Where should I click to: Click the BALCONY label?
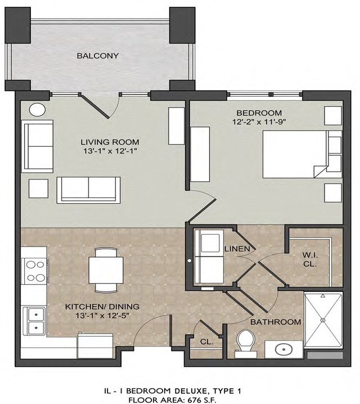tap(98, 56)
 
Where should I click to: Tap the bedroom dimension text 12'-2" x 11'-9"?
tap(259, 122)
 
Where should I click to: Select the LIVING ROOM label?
tap(110, 142)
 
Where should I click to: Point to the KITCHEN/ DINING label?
tap(102, 307)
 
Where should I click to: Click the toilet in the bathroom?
tap(246, 344)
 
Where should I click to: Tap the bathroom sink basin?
tap(283, 349)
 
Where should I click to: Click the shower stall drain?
tap(323, 320)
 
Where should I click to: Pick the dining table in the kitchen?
tap(106, 270)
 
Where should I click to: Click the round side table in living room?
tap(37, 110)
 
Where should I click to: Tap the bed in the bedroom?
tap(302, 154)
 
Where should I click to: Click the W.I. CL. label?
tap(310, 260)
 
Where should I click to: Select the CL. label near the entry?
tap(207, 342)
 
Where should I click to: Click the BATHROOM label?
tap(276, 322)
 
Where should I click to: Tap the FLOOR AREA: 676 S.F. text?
tap(172, 400)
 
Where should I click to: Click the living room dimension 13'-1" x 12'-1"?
tap(110, 151)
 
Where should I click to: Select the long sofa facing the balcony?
tap(88, 190)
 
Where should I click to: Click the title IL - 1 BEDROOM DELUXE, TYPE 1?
tap(173, 391)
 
